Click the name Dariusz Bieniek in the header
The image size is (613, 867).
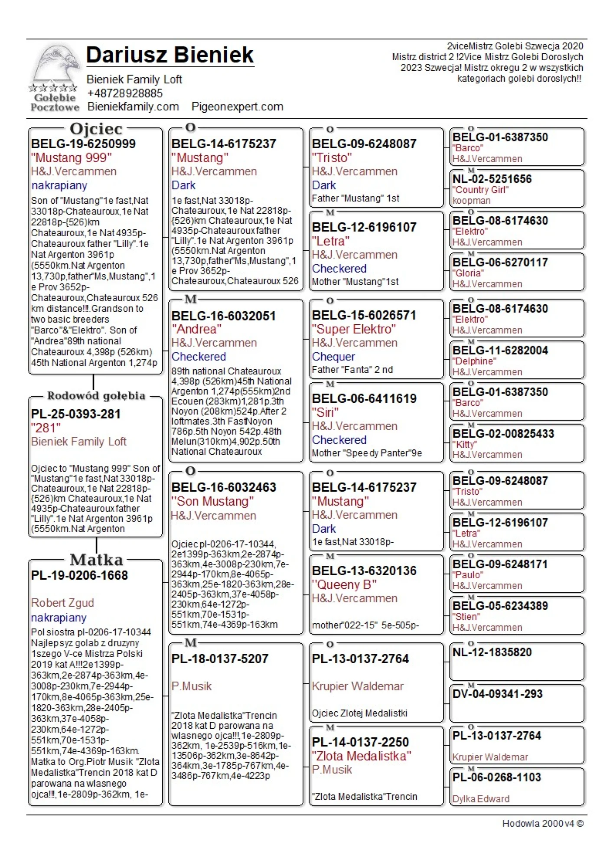click(170, 55)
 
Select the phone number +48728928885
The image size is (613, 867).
click(125, 93)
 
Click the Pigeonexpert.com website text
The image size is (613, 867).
click(237, 107)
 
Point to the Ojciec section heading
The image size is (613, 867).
click(96, 129)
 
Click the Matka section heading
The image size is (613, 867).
click(96, 560)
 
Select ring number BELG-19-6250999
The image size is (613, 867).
click(83, 144)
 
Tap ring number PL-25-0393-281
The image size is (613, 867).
click(76, 414)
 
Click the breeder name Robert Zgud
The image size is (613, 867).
click(62, 603)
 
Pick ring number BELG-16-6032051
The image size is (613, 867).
click(223, 316)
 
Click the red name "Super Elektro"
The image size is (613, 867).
click(354, 329)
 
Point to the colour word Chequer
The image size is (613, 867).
click(333, 356)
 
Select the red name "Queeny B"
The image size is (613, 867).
click(344, 585)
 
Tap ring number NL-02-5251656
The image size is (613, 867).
click(492, 179)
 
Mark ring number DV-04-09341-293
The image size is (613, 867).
click(497, 694)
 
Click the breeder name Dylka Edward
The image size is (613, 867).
click(481, 799)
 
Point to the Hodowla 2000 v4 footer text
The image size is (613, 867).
click(542, 824)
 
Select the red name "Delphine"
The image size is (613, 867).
click(474, 361)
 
